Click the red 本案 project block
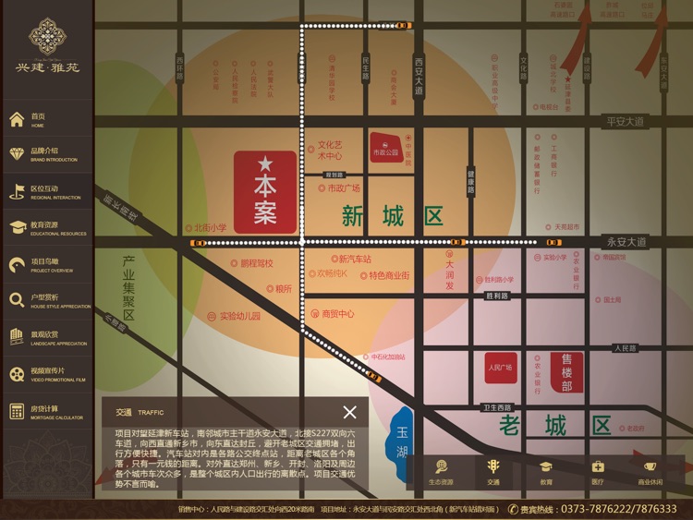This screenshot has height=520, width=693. click(265, 192)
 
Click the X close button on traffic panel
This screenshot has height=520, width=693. click(349, 412)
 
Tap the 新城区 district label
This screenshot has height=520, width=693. click(393, 217)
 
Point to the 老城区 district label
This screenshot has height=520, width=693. click(554, 426)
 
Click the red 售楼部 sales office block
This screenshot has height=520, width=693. click(566, 372)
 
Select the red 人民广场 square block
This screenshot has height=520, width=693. click(500, 368)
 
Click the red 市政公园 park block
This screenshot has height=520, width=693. click(386, 148)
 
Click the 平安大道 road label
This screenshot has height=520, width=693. click(625, 121)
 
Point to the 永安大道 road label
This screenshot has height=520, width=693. click(626, 242)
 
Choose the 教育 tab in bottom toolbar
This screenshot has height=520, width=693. click(546, 472)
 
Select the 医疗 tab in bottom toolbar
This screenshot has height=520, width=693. click(598, 472)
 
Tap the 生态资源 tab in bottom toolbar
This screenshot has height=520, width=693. click(441, 472)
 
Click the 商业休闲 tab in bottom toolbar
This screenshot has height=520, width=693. click(650, 472)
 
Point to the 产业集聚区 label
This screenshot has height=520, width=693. click(128, 288)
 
